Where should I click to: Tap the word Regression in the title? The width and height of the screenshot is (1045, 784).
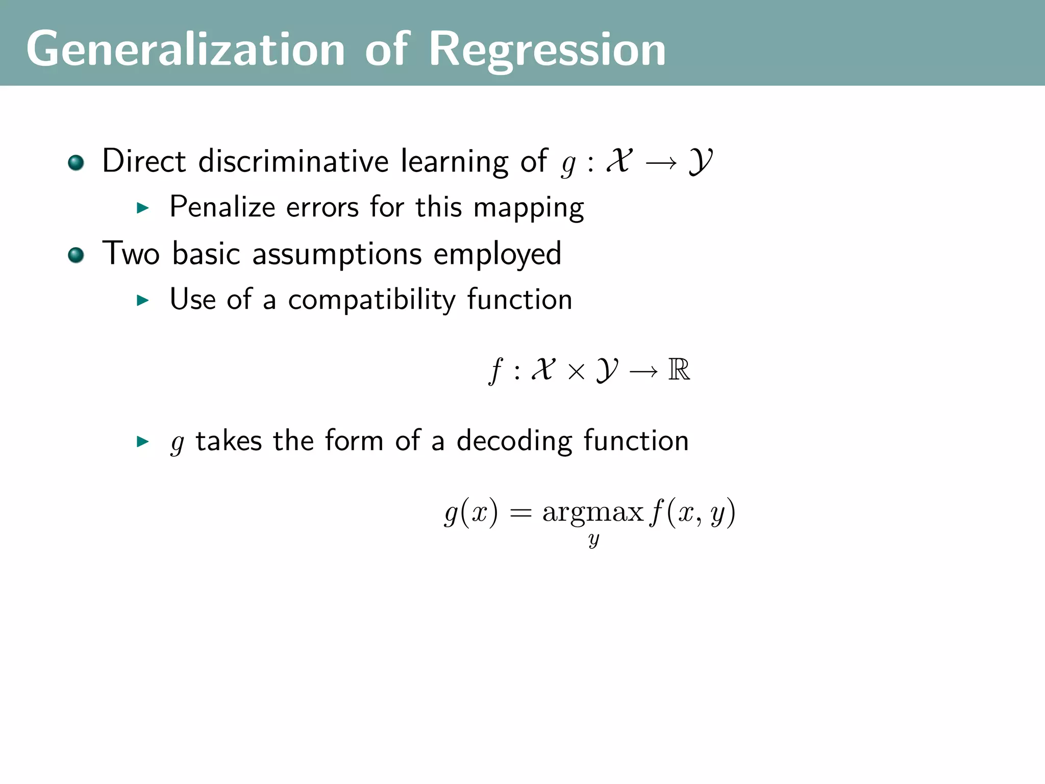click(x=547, y=49)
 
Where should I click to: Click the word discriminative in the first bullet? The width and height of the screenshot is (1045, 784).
click(x=293, y=161)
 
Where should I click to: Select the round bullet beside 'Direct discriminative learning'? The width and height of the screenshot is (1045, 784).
click(x=76, y=163)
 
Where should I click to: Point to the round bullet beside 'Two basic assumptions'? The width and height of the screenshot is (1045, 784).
click(x=76, y=255)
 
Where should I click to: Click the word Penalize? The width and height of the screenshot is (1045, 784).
click(x=222, y=207)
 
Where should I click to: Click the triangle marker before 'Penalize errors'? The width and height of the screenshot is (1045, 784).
click(x=143, y=208)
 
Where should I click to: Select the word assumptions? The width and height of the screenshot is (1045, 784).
click(x=337, y=254)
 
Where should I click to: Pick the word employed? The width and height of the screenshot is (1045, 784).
click(x=497, y=254)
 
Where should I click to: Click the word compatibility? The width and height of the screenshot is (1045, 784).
click(x=371, y=300)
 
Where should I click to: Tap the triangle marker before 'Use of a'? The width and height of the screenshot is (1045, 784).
click(x=143, y=300)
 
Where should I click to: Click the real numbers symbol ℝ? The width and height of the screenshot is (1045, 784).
click(x=679, y=370)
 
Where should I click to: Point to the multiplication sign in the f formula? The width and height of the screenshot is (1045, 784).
click(x=576, y=372)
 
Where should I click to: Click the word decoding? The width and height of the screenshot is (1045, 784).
click(x=514, y=441)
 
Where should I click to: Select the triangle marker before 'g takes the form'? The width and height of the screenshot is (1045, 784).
click(x=143, y=442)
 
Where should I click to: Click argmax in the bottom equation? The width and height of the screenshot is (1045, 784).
click(x=592, y=512)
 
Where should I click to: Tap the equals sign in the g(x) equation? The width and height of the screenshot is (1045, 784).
click(x=520, y=512)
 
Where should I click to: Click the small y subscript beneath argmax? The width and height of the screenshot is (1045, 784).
click(x=593, y=540)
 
